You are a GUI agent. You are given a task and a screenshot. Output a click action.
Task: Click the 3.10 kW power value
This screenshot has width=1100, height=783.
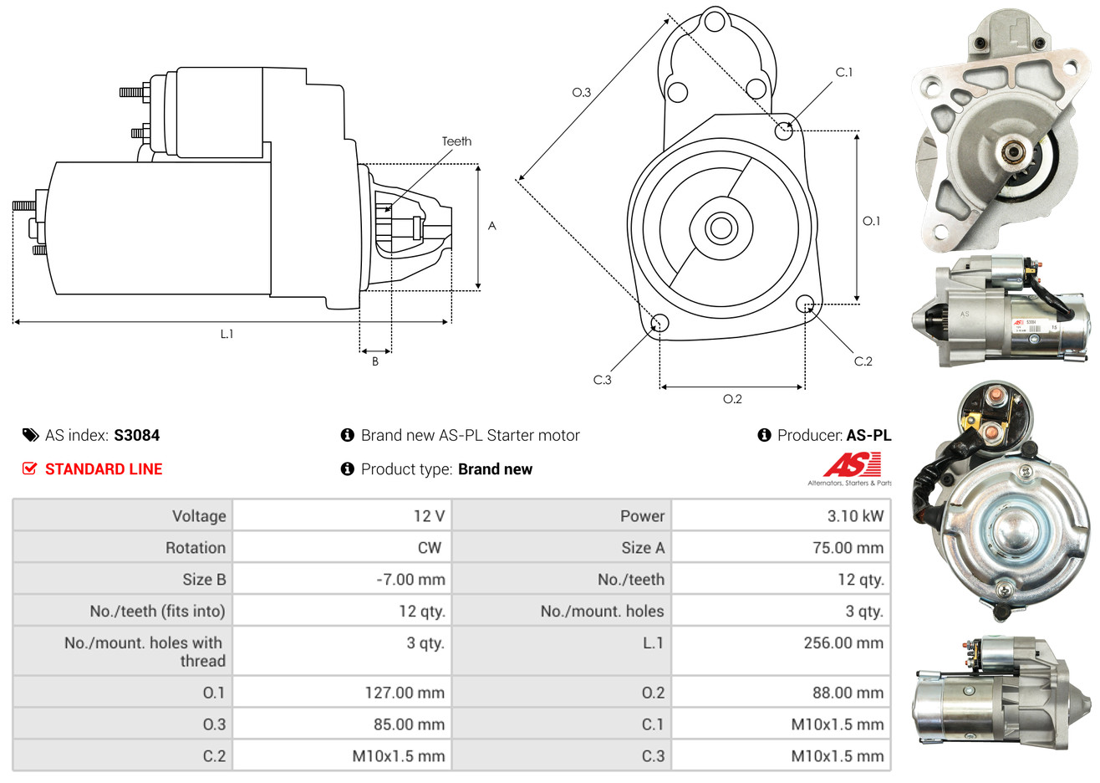pyautogui.click(x=854, y=516)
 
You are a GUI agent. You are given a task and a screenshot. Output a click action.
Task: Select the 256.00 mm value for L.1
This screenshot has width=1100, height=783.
pyautogui.click(x=843, y=643)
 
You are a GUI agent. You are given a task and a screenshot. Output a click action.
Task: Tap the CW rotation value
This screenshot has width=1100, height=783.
pyautogui.click(x=429, y=548)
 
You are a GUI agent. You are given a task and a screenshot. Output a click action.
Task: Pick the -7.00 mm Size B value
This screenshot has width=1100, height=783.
pyautogui.click(x=410, y=580)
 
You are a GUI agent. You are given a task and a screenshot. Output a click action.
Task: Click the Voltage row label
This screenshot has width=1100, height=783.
pyautogui.click(x=199, y=516)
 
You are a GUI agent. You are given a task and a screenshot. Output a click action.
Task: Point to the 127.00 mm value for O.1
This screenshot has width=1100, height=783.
pyautogui.click(x=405, y=693)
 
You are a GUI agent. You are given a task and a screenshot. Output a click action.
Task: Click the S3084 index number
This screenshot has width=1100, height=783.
pyautogui.click(x=136, y=435)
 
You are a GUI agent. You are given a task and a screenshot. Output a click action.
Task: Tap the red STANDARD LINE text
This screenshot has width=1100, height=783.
pyautogui.click(x=104, y=469)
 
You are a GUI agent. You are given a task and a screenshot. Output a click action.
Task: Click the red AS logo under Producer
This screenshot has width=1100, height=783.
pyautogui.click(x=851, y=465)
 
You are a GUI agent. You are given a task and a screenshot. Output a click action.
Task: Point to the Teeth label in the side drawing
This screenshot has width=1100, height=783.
pyautogui.click(x=456, y=141)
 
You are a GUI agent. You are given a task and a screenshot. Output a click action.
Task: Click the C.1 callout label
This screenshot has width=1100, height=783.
pyautogui.click(x=844, y=73)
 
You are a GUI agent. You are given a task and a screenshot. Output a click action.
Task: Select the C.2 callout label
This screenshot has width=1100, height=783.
pyautogui.click(x=863, y=361)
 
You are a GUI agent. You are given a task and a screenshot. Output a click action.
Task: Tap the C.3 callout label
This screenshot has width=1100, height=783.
pyautogui.click(x=602, y=380)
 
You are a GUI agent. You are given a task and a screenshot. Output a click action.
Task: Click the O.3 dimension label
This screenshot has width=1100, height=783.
pyautogui.click(x=581, y=92)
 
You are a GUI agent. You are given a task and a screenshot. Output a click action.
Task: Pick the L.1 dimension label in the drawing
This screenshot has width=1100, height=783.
pyautogui.click(x=227, y=334)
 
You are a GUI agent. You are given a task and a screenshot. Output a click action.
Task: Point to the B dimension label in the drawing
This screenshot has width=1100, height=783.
pyautogui.click(x=375, y=361)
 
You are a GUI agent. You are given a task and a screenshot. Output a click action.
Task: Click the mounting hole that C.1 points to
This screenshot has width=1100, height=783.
pyautogui.click(x=784, y=130)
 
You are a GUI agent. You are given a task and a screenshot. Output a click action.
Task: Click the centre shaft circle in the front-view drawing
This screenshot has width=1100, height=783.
pyautogui.click(x=719, y=228)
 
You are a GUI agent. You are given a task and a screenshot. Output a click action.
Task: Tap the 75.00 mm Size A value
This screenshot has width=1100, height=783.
pyautogui.click(x=848, y=548)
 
